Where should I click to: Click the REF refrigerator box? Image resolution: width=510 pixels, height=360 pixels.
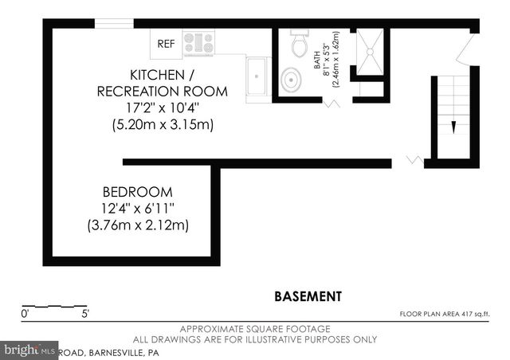coord(166,43)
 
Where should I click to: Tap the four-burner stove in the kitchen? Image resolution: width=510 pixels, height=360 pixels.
coord(198,43)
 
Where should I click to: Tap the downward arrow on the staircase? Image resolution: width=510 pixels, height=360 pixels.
coord(453,126)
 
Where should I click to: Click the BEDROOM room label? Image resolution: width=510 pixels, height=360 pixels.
coord(137,192)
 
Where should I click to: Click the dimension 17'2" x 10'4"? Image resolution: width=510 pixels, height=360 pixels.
coord(161,108)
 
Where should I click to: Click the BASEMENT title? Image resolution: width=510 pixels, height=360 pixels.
coord(308,296)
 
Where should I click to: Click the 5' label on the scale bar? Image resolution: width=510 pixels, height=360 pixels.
coord(85,314)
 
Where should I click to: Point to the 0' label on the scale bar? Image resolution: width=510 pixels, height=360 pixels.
coord(25,314)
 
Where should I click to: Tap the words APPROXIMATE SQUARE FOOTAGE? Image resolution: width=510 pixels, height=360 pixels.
coord(255,329)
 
